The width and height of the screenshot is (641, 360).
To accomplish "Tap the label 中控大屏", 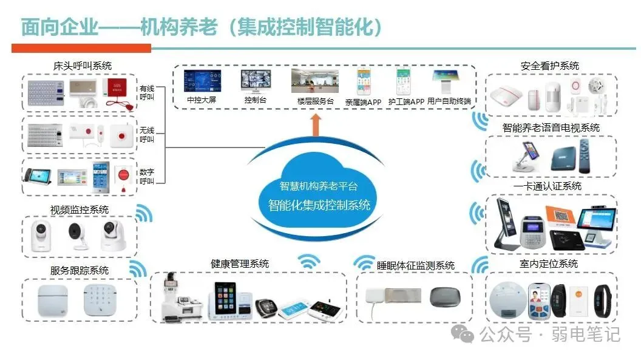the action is click(x=201, y=100).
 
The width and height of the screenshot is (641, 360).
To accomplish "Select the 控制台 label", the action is click(x=255, y=100).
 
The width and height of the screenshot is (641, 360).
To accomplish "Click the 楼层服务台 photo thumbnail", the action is click(x=314, y=81).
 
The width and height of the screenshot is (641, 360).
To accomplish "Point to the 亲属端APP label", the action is click(x=363, y=102).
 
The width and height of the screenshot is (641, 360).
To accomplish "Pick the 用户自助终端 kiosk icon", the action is click(x=448, y=81).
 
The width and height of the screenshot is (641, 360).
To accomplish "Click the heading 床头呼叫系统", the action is click(x=83, y=66).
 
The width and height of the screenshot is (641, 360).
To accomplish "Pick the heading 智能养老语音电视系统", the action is click(x=551, y=128).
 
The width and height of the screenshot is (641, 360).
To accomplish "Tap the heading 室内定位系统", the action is click(x=551, y=264).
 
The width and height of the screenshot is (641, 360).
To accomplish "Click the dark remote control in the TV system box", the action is click(x=584, y=157).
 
